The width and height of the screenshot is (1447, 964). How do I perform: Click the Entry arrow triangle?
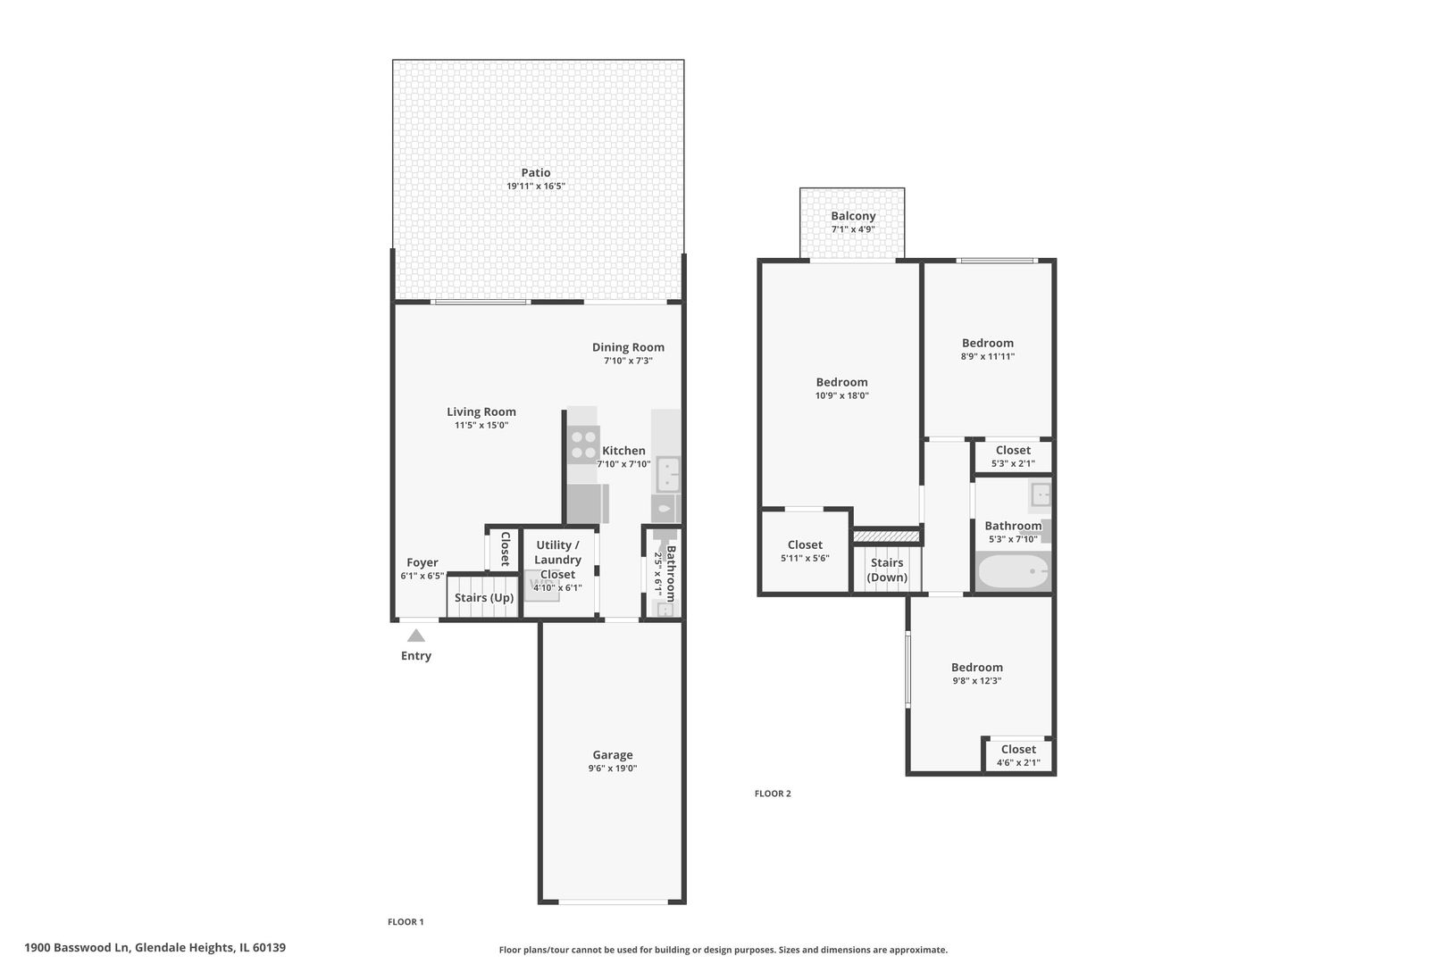coord(416,636)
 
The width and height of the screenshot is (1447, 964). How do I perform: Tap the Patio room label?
coord(536,172)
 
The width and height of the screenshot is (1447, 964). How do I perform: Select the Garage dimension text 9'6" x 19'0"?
coord(613,769)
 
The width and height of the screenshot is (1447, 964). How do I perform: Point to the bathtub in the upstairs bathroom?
coord(1013,571)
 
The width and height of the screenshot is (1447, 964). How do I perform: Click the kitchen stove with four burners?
coord(583,445)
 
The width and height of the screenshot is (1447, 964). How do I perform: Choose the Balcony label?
coord(853,216)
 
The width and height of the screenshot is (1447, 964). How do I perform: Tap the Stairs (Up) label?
coord(484,597)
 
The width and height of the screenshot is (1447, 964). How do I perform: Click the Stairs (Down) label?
coord(887,569)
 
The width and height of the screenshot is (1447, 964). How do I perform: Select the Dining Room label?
coord(628,347)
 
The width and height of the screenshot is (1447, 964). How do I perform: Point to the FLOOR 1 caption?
coord(406,922)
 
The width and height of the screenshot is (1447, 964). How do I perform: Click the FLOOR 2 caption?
coord(773,794)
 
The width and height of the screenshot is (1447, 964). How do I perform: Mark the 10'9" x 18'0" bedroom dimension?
coord(841,395)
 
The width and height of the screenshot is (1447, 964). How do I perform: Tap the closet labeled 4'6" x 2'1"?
coord(1018,755)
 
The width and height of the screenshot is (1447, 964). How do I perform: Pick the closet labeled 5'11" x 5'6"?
coord(805,551)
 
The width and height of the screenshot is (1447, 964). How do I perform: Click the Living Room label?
coord(481,412)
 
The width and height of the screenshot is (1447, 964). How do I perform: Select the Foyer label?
coord(422,562)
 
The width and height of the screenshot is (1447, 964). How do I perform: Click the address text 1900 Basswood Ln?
coord(77,947)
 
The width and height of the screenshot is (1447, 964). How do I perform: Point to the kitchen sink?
coord(668,475)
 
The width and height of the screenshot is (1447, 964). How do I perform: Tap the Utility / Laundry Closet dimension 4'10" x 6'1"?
coord(557,588)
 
